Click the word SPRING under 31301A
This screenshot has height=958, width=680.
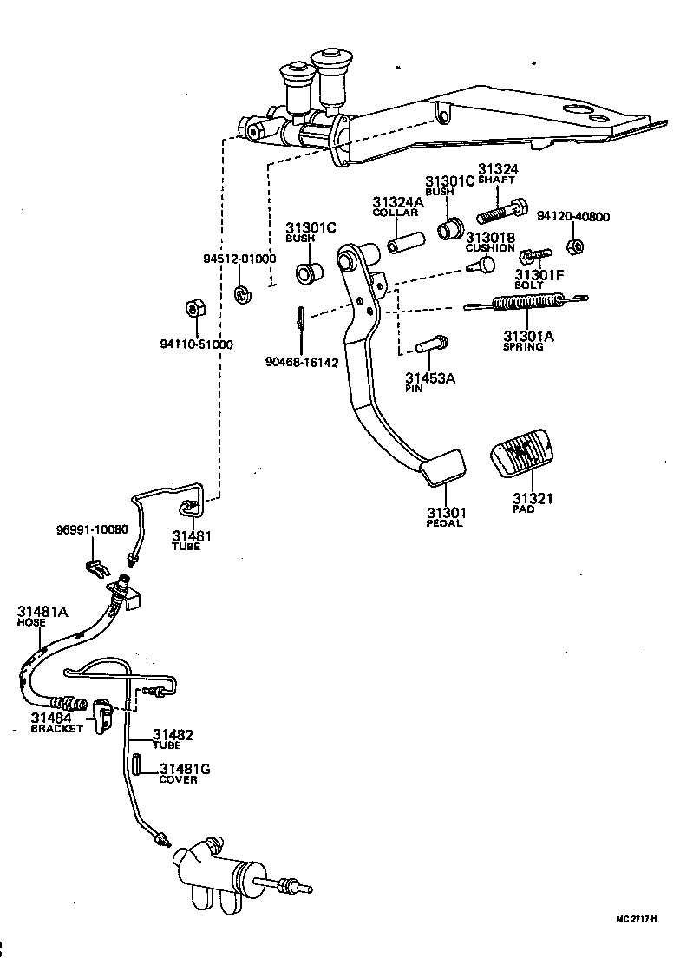523,347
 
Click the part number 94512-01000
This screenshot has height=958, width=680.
239,259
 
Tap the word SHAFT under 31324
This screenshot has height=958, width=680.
497,180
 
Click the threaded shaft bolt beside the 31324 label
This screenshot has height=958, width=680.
501,209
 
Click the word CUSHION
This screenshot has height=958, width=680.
490,248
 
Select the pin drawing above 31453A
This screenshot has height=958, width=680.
431,344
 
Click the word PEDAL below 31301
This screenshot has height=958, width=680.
445,523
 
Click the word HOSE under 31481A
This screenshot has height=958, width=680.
31,623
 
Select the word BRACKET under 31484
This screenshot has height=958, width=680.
57,729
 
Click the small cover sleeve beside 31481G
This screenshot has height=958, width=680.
137,768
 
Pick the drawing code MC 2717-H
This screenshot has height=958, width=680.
637,918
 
